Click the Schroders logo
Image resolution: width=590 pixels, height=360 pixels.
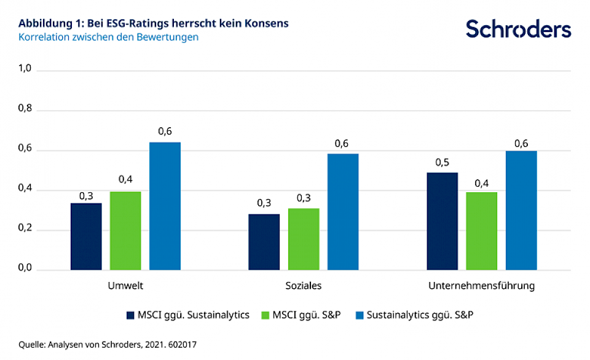(x=518, y=29)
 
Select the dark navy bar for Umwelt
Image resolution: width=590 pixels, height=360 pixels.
(x=86, y=237)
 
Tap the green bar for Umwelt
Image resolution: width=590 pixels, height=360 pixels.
(x=125, y=230)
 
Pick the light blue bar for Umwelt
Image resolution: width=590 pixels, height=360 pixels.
(x=165, y=206)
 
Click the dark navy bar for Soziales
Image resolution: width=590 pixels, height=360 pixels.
(x=264, y=242)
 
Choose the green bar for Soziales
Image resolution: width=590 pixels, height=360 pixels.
(x=304, y=239)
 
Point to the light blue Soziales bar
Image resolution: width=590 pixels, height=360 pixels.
(x=343, y=212)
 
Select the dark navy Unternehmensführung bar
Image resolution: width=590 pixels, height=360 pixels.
(x=442, y=221)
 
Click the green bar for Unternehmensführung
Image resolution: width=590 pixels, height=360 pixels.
(x=481, y=231)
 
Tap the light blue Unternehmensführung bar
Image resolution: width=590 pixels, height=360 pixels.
(x=521, y=210)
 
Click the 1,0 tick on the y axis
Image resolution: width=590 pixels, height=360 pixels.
(x=25, y=71)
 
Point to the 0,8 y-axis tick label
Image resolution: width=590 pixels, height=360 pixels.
(x=25, y=111)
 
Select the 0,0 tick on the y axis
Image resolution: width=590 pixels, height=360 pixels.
(x=25, y=270)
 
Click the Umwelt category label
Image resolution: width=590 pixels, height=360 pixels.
(x=125, y=286)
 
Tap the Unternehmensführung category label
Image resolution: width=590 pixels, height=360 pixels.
(x=482, y=286)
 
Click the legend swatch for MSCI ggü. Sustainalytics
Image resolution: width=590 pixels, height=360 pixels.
(x=130, y=315)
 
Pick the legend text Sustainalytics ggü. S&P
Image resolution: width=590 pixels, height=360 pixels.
(x=420, y=315)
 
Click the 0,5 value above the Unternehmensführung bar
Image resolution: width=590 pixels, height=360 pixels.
(x=442, y=163)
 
